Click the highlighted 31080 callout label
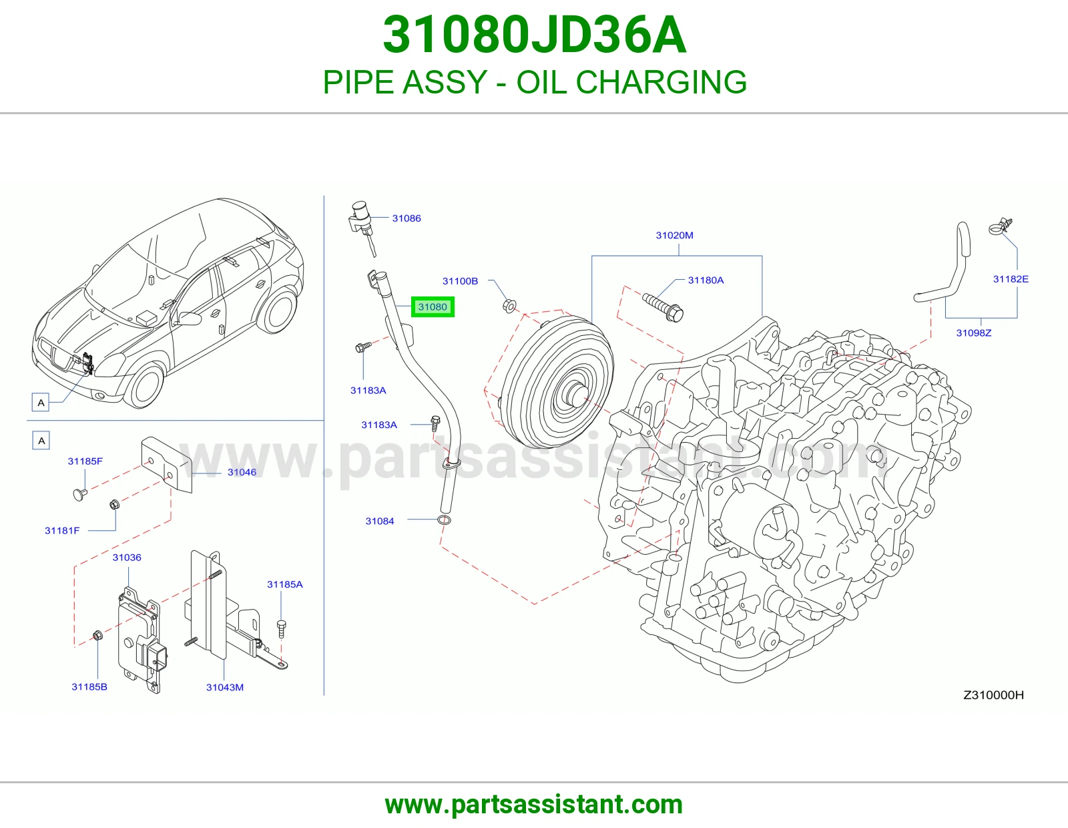click(x=433, y=306)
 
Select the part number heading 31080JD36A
click(x=534, y=35)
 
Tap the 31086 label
click(x=407, y=218)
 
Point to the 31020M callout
click(x=674, y=235)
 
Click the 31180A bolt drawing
click(x=663, y=306)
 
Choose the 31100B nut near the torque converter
click(x=510, y=306)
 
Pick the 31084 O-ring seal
click(x=445, y=520)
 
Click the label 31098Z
click(x=974, y=333)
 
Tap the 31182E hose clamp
click(x=1000, y=226)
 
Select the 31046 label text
click(x=242, y=472)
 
